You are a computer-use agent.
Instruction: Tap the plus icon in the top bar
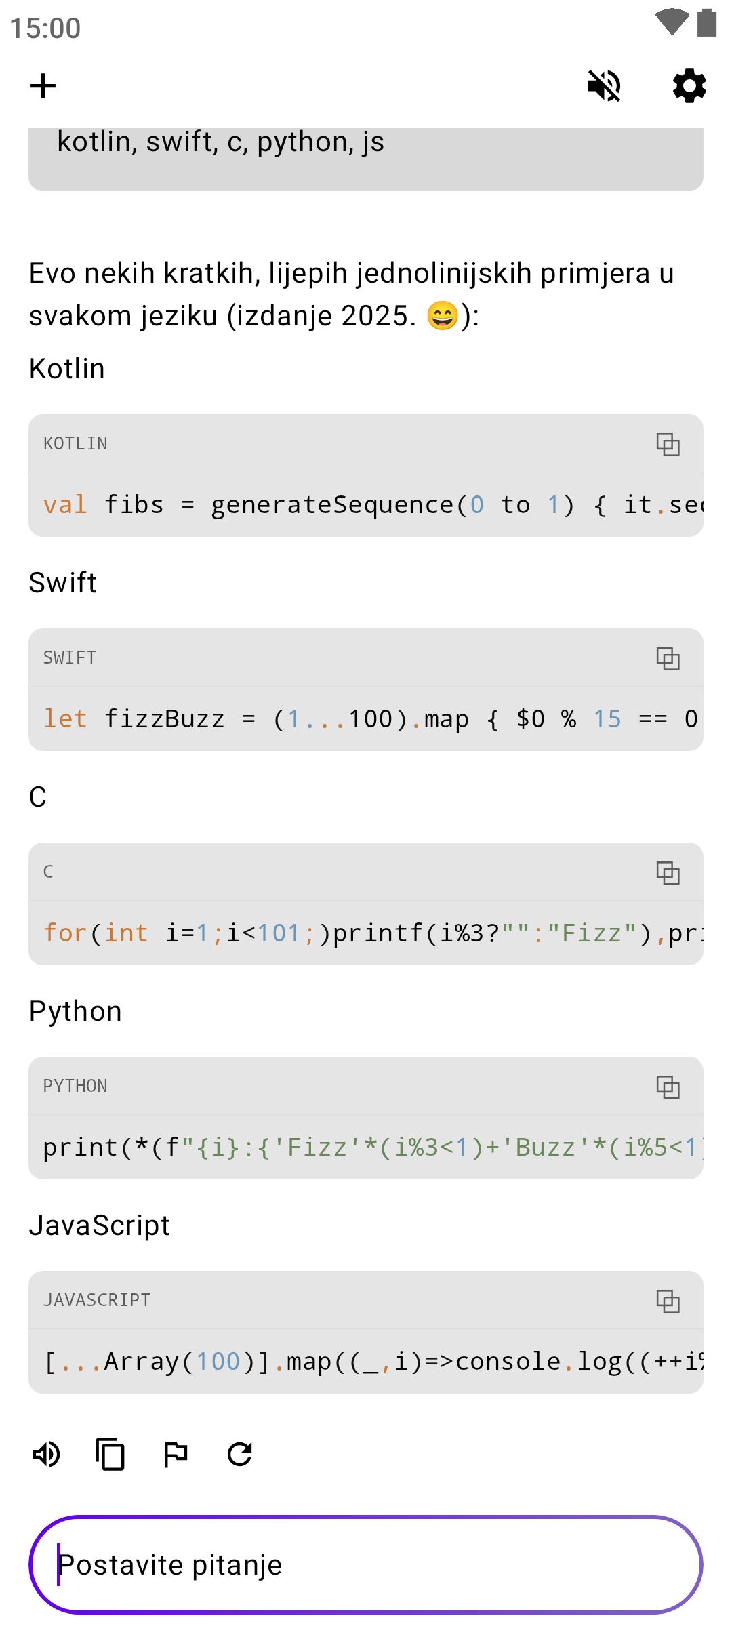[x=43, y=86]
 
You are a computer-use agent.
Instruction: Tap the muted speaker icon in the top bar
[x=604, y=86]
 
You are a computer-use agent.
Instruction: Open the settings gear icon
[x=689, y=86]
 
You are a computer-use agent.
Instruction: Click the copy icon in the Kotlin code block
[x=668, y=444]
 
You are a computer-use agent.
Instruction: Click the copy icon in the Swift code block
[x=668, y=658]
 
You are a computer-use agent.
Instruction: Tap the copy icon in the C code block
[x=668, y=872]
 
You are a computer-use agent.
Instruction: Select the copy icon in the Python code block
[x=668, y=1087]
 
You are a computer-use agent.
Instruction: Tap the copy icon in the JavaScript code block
[x=668, y=1301]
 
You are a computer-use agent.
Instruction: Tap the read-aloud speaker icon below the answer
[x=46, y=1454]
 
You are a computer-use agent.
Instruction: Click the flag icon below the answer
[x=176, y=1454]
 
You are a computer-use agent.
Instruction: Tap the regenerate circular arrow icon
[x=240, y=1454]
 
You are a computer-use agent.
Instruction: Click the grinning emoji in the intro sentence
[x=443, y=316]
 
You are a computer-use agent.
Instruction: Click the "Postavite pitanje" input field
[x=366, y=1564]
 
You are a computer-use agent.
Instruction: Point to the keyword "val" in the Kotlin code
[x=65, y=505]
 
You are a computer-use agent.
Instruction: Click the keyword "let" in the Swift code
[x=65, y=719]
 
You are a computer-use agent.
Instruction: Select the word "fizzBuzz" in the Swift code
[x=164, y=719]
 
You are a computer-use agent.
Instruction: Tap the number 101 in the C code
[x=279, y=933]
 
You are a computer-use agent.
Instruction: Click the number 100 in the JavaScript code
[x=218, y=1362]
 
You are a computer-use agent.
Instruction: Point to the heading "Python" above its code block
[x=75, y=1011]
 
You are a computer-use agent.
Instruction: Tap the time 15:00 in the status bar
[x=45, y=28]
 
